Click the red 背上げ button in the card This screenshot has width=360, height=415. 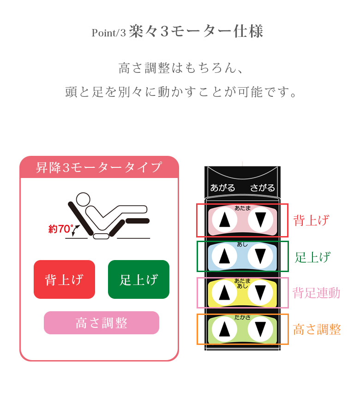click(x=64, y=279)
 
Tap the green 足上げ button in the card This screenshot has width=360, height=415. click(x=138, y=279)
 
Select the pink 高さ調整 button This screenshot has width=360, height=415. click(x=102, y=323)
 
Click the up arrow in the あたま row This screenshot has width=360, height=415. click(x=225, y=219)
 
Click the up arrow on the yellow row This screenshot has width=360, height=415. click(x=225, y=292)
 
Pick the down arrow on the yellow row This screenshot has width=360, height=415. click(x=260, y=292)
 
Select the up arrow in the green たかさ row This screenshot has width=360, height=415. click(x=225, y=329)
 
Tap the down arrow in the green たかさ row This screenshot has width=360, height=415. click(x=260, y=329)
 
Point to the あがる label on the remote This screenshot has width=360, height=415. click(x=222, y=188)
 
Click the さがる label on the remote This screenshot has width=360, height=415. click(x=263, y=188)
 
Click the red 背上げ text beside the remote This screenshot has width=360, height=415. click(x=312, y=220)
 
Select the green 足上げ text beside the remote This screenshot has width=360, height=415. click(x=312, y=257)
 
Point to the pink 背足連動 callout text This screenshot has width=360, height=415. click(x=317, y=293)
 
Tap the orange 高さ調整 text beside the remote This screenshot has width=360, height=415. click(x=317, y=329)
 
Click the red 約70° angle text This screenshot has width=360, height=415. click(x=61, y=229)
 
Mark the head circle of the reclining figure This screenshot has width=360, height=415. click(x=83, y=199)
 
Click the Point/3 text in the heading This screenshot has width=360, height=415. click(x=108, y=33)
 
